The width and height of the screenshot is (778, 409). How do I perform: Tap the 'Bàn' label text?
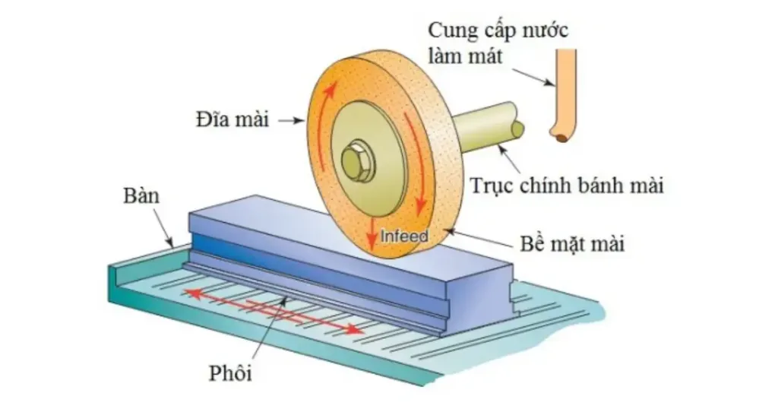(x=141, y=196)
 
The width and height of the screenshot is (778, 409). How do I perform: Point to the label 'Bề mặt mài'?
(x=574, y=245)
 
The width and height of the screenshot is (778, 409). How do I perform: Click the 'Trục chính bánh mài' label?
(x=567, y=185)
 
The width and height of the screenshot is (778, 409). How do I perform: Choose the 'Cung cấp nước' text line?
(x=498, y=32)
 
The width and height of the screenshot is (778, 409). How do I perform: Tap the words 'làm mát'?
(x=465, y=57)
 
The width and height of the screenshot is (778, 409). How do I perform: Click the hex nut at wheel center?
(x=355, y=160)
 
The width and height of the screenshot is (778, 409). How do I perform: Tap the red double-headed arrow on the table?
(x=274, y=311)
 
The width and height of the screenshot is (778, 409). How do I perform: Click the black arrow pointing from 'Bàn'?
(x=166, y=227)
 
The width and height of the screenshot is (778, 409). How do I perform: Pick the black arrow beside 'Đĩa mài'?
(x=291, y=120)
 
